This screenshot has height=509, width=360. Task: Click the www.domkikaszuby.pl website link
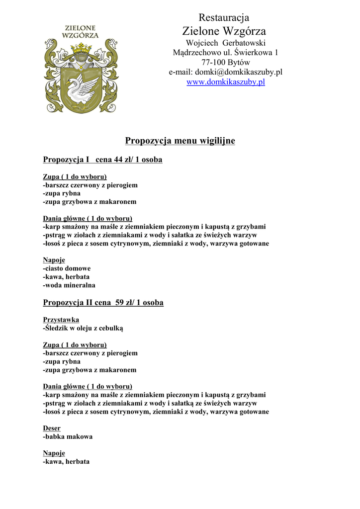click(225, 82)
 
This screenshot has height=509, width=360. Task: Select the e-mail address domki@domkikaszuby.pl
click(238, 72)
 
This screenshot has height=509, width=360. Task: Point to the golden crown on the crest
click(82, 49)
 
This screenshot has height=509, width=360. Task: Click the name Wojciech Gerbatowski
click(225, 43)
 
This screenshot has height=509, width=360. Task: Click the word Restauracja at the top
click(224, 18)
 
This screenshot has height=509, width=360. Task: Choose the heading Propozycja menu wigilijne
click(180, 141)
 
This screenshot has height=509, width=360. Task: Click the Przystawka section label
click(61, 320)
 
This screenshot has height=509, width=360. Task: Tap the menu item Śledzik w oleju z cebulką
click(84, 328)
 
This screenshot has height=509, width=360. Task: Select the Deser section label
click(52, 428)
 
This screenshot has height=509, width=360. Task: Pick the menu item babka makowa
click(68, 436)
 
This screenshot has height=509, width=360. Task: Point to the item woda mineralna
click(69, 285)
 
